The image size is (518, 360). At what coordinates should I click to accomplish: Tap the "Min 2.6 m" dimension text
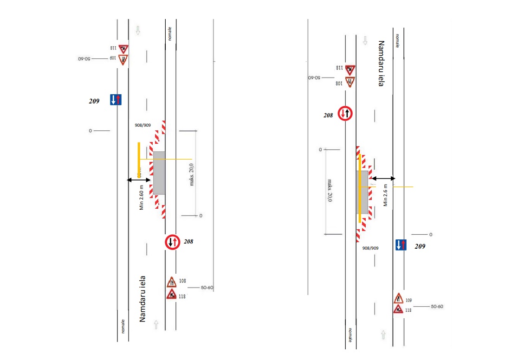click(x=385, y=195)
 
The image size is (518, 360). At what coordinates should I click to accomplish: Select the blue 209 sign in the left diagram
click(x=116, y=99)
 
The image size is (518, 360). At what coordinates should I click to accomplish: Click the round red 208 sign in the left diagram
click(x=172, y=242)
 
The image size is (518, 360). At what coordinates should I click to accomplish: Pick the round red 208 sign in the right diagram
click(x=345, y=114)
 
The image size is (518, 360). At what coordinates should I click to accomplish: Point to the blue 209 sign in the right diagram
click(x=401, y=245)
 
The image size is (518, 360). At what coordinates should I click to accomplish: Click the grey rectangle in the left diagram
click(x=159, y=173)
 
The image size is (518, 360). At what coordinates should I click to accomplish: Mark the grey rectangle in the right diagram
click(x=362, y=192)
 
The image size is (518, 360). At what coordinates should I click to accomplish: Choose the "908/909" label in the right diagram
click(x=370, y=248)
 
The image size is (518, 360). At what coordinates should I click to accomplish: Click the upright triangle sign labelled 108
click(x=171, y=282)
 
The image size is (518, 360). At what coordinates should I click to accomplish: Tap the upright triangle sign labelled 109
click(x=398, y=298)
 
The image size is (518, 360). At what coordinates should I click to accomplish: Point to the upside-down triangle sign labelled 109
click(x=123, y=59)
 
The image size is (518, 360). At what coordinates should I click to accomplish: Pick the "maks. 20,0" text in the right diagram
click(x=330, y=190)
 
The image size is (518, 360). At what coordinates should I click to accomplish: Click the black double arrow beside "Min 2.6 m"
click(x=383, y=178)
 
